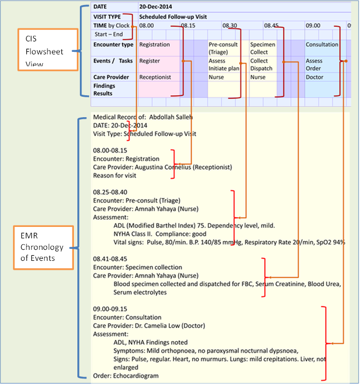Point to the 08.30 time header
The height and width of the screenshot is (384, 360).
point(230,25)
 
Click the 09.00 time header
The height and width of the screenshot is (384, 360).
point(313,25)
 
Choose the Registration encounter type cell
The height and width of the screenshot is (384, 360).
point(155,44)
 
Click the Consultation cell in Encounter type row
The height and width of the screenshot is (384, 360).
point(322,44)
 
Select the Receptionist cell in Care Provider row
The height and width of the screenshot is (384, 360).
point(155,77)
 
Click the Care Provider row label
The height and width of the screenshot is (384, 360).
point(111,77)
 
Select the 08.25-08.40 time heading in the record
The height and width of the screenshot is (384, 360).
point(110,192)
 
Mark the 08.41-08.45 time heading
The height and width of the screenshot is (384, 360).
point(110,259)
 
